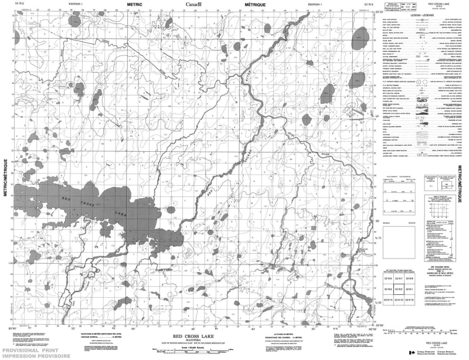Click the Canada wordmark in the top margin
pyautogui.click(x=194, y=4)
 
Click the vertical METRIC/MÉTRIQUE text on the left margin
pyautogui.click(x=5, y=182)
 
